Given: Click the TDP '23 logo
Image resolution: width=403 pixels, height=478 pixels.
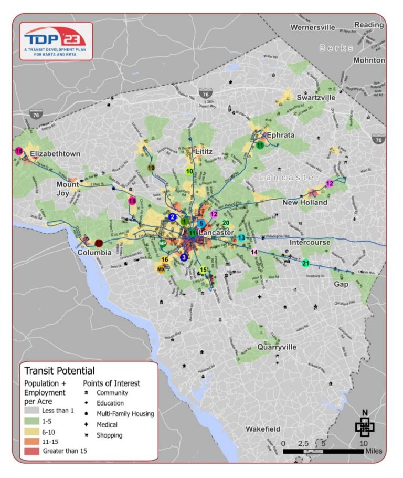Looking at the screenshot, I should [56, 41].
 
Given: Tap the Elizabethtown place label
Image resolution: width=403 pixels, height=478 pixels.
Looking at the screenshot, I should [55, 154].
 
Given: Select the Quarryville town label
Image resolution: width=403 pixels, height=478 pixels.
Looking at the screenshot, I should [277, 347].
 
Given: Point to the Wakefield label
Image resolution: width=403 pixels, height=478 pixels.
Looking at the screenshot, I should [263, 429].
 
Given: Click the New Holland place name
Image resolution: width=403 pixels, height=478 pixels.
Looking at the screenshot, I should [305, 202].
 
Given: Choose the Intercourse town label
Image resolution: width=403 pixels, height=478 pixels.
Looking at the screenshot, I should [310, 242].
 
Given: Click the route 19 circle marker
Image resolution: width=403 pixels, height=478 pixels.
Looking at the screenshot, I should [151, 168].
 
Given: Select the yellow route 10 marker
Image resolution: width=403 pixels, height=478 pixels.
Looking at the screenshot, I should [189, 171].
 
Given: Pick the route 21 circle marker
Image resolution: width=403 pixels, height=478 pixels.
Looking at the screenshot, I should [305, 263].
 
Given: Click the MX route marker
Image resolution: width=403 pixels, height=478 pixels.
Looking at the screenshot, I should [161, 269].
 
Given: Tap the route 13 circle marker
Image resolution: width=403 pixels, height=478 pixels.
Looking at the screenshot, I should [241, 238].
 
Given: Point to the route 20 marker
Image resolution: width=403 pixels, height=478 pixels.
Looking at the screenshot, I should [226, 223].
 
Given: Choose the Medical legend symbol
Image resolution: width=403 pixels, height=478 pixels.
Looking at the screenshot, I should [85, 424].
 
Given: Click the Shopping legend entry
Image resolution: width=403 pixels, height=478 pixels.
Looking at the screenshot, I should [109, 435].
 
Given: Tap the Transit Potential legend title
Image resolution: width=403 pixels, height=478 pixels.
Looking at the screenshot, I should [59, 371].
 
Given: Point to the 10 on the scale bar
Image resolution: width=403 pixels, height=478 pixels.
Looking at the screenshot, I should [363, 443].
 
